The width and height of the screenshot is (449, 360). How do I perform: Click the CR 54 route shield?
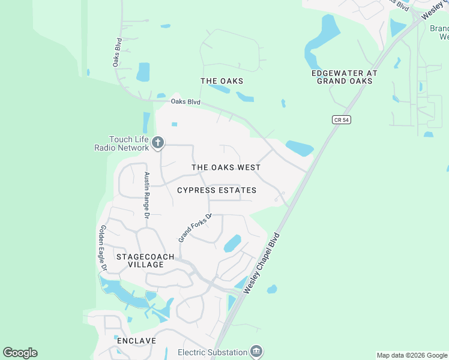[341, 120]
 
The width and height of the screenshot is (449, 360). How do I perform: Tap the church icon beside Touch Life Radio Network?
[158, 142]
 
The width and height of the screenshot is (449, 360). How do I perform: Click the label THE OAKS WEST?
[226, 167]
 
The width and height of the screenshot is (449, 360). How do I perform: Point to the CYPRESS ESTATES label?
[217, 190]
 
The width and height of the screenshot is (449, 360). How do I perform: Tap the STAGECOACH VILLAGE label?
[145, 260]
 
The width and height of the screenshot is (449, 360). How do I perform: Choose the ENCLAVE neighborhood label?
[137, 341]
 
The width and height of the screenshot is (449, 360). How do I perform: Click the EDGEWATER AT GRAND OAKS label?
[345, 77]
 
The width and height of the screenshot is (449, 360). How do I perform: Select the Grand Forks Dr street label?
[196, 228]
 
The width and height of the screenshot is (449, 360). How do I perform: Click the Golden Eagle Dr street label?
[103, 247]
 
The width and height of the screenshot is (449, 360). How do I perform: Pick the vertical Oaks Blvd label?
[118, 52]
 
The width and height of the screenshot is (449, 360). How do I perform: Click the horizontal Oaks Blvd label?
[185, 101]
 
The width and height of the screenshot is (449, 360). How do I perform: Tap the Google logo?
[20, 353]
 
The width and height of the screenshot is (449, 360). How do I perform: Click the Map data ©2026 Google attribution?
[412, 355]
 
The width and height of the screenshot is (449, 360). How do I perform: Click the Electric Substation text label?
[213, 352]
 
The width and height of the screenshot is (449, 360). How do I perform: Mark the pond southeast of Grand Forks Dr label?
[232, 243]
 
